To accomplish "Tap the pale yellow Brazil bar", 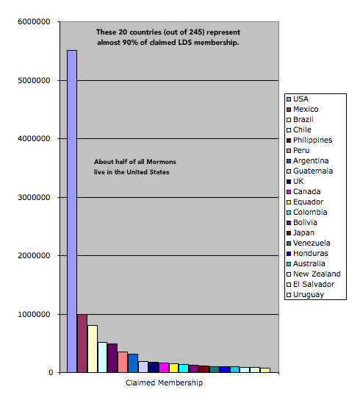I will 93,349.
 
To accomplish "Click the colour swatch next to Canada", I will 289,191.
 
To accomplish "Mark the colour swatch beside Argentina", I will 289,160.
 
